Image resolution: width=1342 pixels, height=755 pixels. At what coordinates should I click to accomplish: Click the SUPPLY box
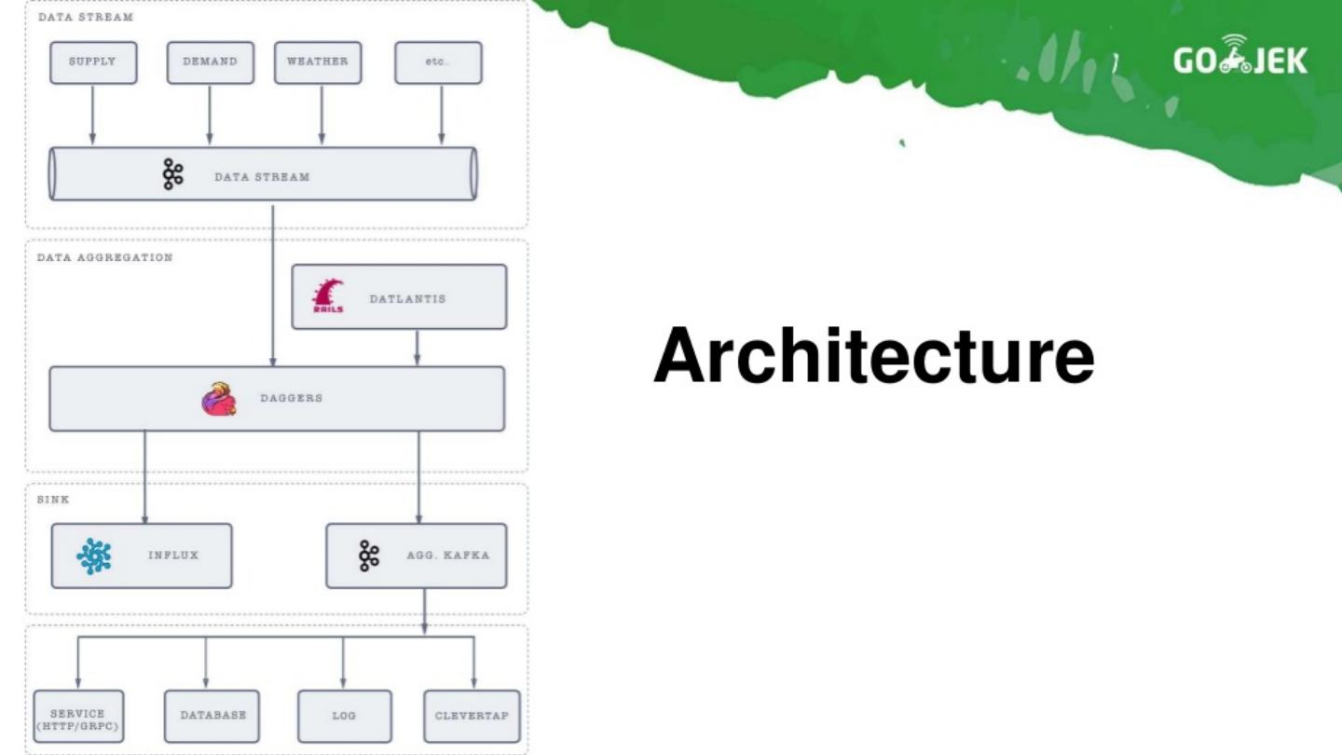click(93, 62)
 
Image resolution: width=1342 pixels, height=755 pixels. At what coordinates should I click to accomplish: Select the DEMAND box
click(210, 62)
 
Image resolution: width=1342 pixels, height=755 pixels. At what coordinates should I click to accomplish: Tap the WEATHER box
click(318, 62)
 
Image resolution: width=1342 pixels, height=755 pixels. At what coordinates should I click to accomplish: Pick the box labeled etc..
click(438, 62)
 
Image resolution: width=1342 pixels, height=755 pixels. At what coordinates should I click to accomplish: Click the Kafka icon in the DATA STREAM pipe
click(172, 174)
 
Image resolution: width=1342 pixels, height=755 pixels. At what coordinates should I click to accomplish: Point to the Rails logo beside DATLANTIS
click(328, 296)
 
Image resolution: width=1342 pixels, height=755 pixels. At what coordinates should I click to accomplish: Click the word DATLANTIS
click(407, 299)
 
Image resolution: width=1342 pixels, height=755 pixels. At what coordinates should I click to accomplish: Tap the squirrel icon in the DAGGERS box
click(219, 399)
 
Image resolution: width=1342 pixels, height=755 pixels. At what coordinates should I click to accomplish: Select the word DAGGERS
click(291, 398)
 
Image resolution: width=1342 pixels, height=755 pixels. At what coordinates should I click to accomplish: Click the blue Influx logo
click(94, 556)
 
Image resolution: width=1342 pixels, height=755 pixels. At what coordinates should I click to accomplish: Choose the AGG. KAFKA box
click(417, 556)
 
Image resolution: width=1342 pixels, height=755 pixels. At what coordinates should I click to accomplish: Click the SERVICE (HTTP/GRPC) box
click(78, 717)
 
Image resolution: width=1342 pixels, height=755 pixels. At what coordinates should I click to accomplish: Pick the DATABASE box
click(212, 716)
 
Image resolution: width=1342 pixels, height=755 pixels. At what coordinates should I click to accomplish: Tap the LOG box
click(344, 717)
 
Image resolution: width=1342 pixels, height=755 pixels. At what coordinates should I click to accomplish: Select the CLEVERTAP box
click(472, 716)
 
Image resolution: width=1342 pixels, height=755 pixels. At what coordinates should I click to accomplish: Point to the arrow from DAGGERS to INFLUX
click(145, 476)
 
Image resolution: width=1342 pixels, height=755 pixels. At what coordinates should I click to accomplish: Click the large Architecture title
click(873, 356)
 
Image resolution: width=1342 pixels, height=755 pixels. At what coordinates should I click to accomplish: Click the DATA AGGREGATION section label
click(105, 257)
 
